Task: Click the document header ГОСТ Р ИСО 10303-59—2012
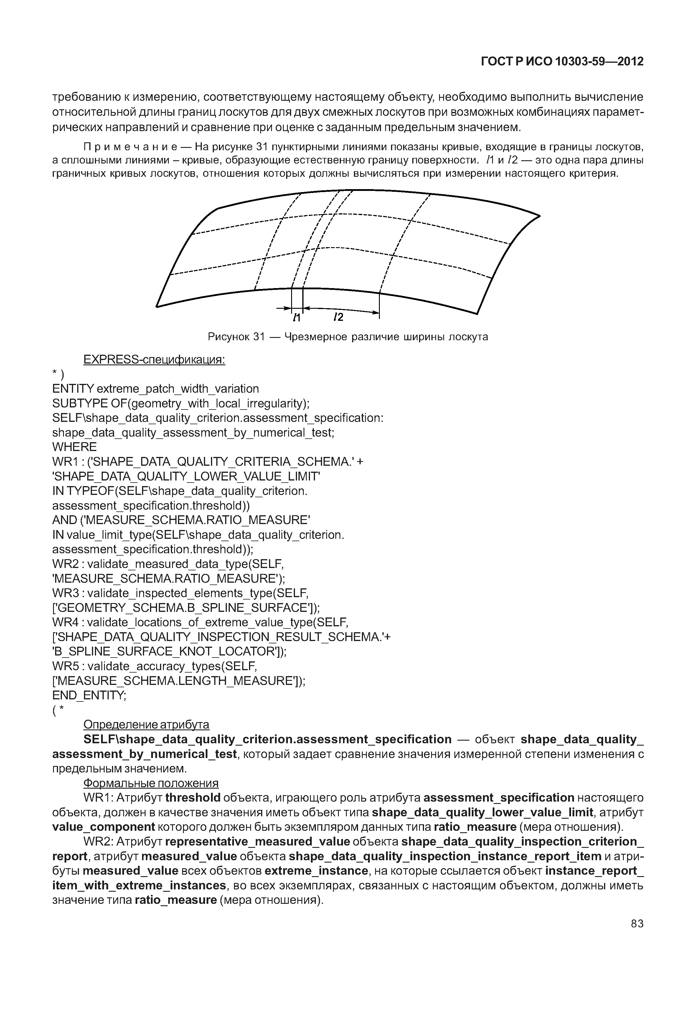click(x=562, y=62)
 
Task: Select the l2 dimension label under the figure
click(x=338, y=318)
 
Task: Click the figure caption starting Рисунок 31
click(x=348, y=337)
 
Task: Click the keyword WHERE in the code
click(x=75, y=447)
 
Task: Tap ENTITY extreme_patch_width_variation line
click(x=155, y=389)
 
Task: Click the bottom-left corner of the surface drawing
click(x=157, y=306)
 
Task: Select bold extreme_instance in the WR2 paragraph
click(x=316, y=871)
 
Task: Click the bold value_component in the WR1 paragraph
click(x=103, y=827)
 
